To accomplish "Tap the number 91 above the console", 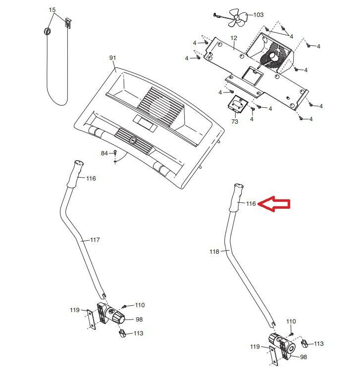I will click(x=112, y=58).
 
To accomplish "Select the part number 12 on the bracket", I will click(x=234, y=38).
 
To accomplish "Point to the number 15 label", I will click(x=52, y=10).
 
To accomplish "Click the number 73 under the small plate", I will click(x=235, y=121).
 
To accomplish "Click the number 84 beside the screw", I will click(x=104, y=153).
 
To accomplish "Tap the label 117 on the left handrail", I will click(x=95, y=240).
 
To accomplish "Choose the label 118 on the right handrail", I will click(x=214, y=252).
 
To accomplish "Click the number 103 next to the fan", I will click(x=258, y=15).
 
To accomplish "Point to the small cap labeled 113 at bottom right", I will click(x=305, y=342).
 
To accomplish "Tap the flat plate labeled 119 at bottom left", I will click(x=90, y=319).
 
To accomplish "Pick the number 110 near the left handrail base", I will click(x=140, y=305).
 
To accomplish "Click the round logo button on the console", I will click(x=132, y=140).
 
